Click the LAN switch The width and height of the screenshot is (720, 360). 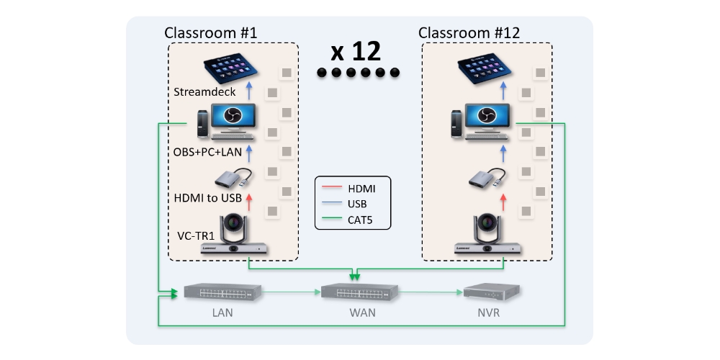pos(222,292)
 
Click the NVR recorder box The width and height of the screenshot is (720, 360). pos(491,292)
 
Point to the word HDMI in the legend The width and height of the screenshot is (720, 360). pos(362,189)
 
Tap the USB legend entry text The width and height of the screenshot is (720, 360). pos(358,203)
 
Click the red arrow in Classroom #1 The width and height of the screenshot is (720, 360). pos(250,201)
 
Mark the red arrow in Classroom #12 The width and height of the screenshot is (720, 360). pos(503,201)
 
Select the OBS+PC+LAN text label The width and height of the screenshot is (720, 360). pos(208,152)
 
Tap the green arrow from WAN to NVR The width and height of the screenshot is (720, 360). pos(429,292)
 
